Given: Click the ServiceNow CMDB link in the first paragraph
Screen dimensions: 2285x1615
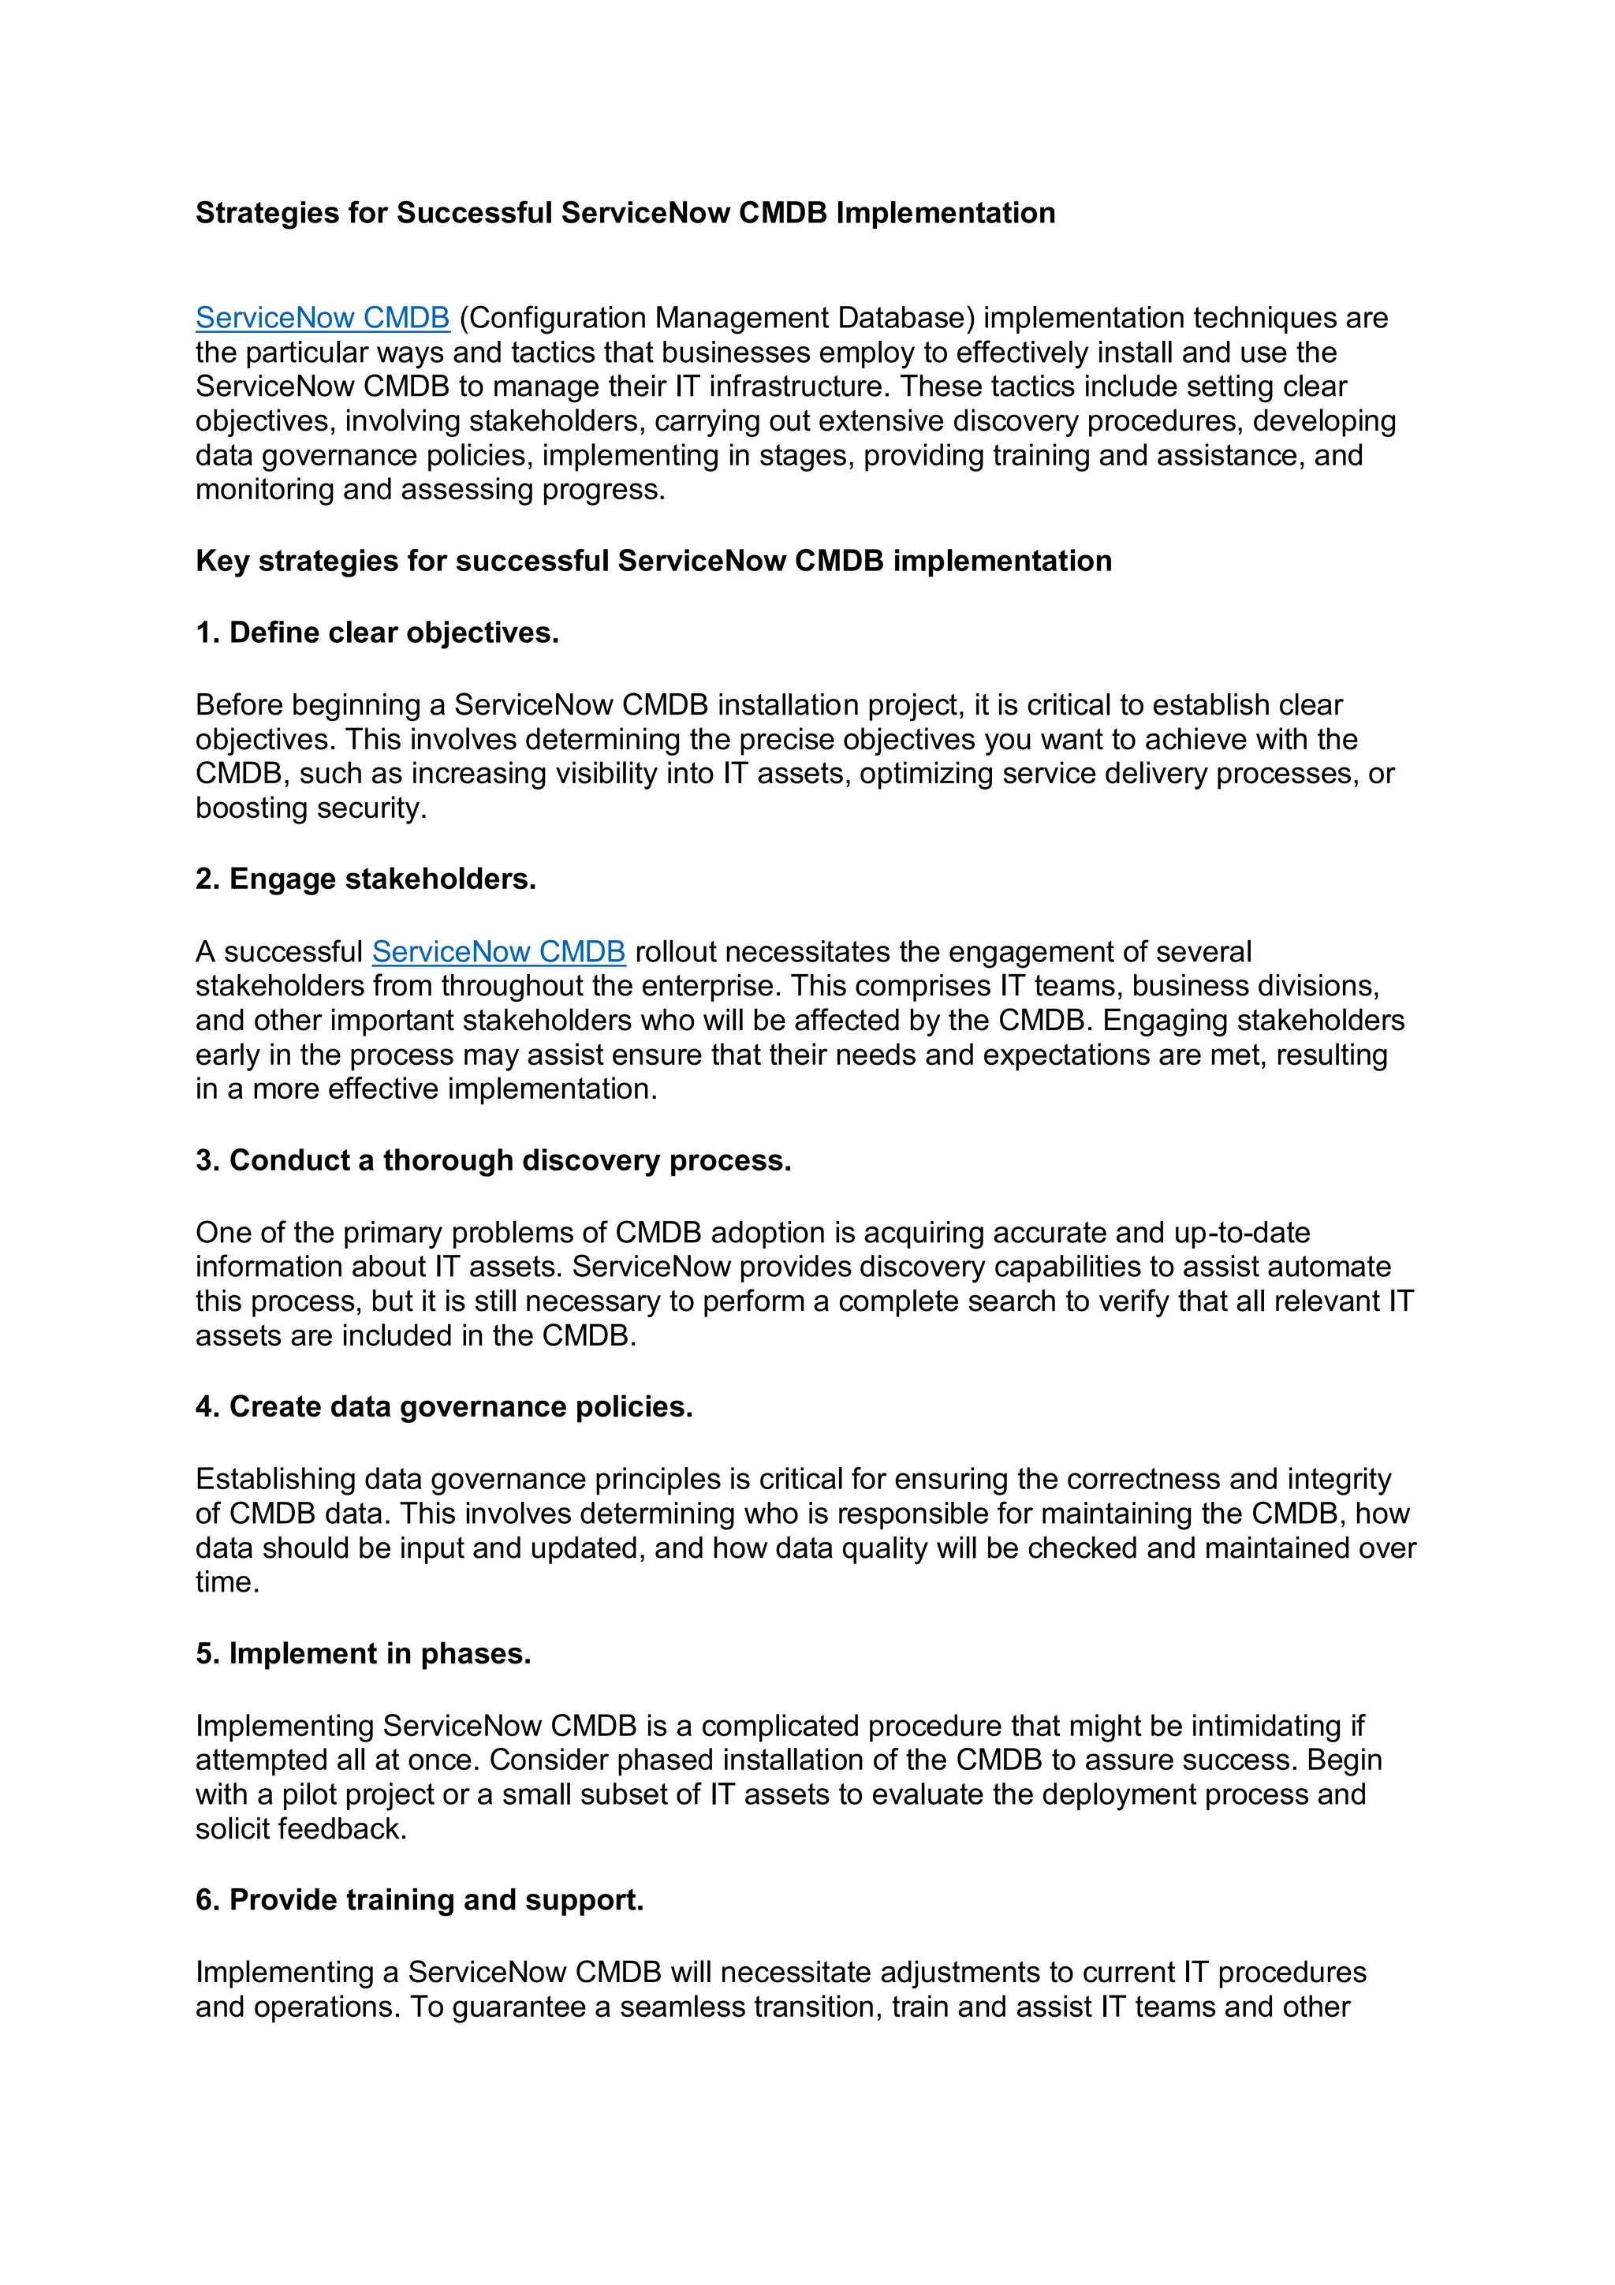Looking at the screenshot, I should [x=323, y=318].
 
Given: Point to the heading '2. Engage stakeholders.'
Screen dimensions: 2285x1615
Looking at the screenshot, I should [x=365, y=879].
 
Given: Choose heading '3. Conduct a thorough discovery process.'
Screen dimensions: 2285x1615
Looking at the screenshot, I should [x=493, y=1160].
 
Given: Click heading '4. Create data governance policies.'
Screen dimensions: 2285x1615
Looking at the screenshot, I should [x=444, y=1406].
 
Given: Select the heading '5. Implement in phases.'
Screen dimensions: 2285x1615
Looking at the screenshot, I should [x=364, y=1653].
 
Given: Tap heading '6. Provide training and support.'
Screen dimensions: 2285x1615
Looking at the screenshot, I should [x=419, y=1900].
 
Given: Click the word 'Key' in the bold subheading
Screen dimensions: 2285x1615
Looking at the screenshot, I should [x=222, y=562].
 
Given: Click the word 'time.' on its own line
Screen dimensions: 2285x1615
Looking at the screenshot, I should [x=227, y=1582].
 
